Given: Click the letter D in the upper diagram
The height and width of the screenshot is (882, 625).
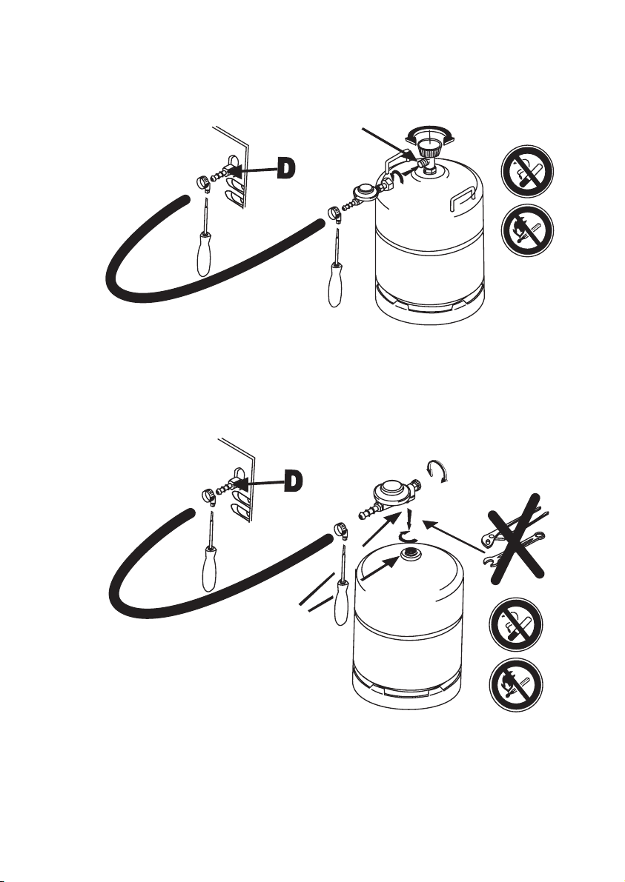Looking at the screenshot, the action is pyautogui.click(x=287, y=169).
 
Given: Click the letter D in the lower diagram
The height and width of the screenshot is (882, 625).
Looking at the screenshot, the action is pyautogui.click(x=294, y=481).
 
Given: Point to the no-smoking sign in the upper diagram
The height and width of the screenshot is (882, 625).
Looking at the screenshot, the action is pyautogui.click(x=527, y=172).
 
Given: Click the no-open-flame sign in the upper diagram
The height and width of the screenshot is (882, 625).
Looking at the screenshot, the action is pyautogui.click(x=527, y=230).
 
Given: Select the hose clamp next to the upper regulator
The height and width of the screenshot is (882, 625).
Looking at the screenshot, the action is pyautogui.click(x=334, y=213).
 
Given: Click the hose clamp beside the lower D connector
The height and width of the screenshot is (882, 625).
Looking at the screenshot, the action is pyautogui.click(x=209, y=495).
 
